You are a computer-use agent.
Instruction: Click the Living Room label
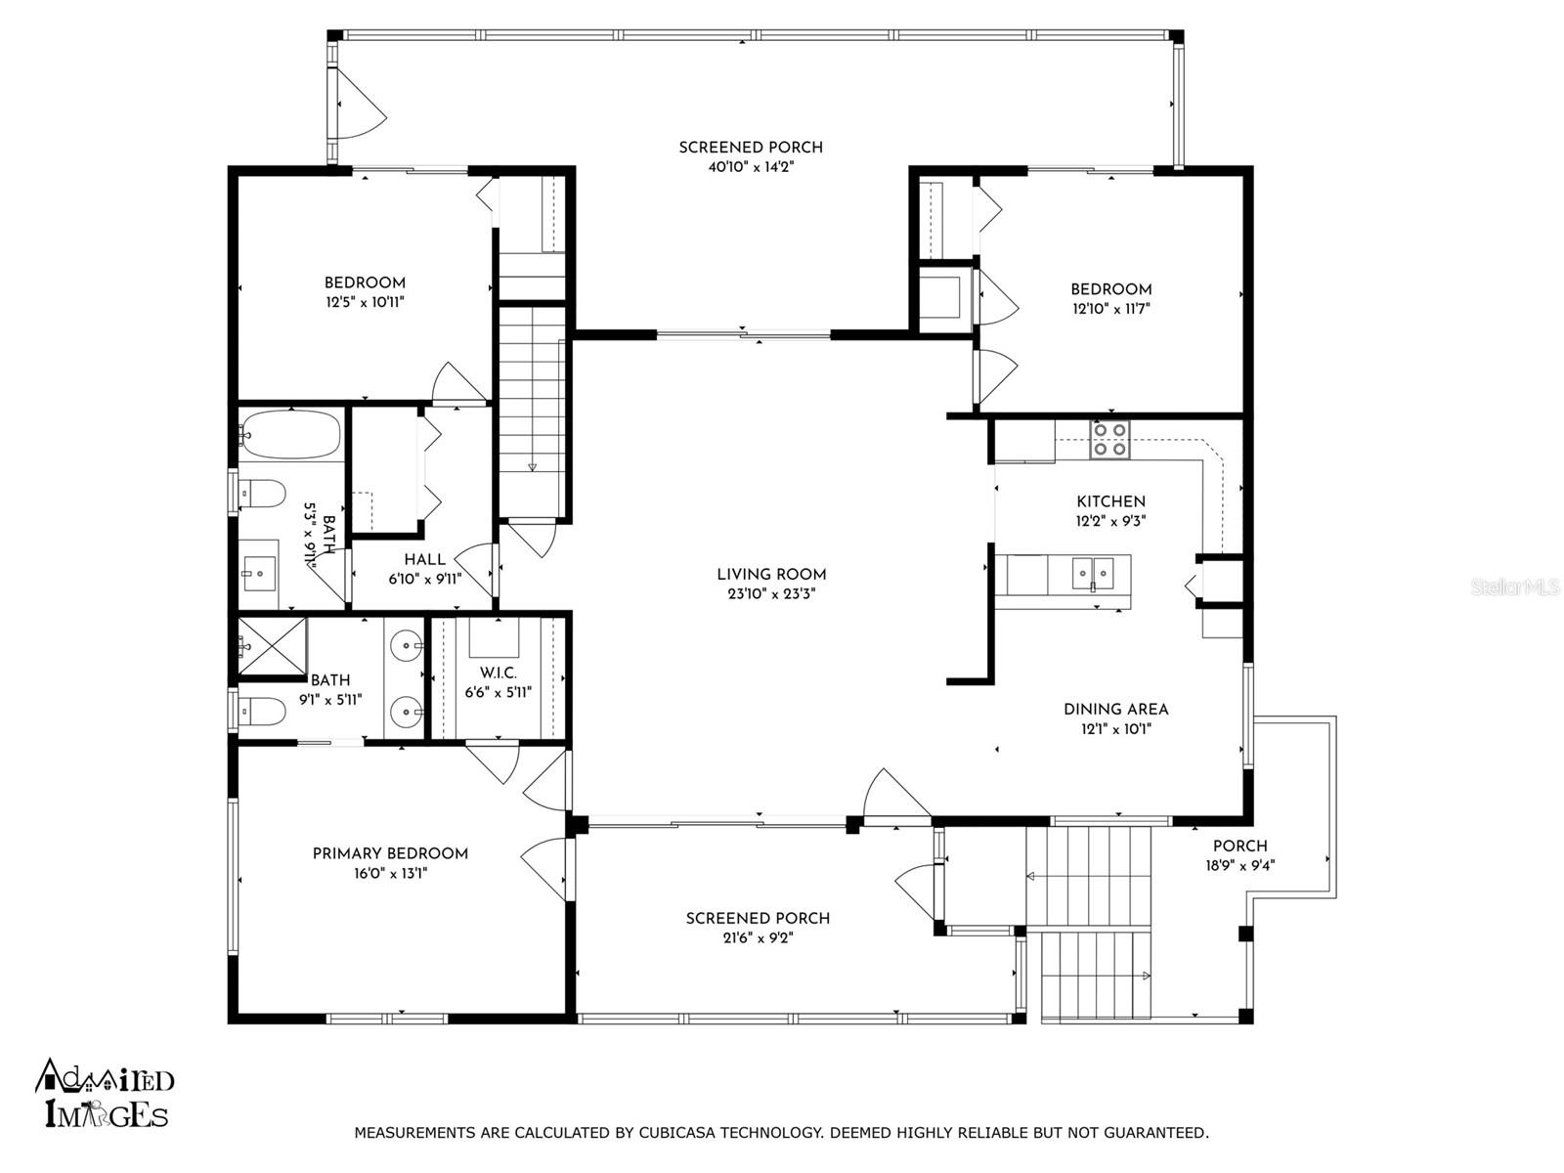click(771, 574)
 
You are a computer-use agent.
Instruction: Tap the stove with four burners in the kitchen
click(1109, 440)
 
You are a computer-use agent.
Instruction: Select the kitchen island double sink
click(1092, 574)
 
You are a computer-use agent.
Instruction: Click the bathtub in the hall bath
click(290, 434)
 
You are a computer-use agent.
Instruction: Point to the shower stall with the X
click(272, 647)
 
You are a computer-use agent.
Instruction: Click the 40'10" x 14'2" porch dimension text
click(751, 166)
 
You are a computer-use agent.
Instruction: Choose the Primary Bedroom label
click(390, 853)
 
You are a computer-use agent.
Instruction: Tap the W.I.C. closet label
click(499, 673)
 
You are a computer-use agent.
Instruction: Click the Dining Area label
click(1116, 710)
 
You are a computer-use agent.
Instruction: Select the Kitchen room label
click(1110, 501)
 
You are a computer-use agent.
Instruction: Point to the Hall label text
click(424, 560)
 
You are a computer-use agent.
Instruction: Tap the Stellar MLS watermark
click(1515, 587)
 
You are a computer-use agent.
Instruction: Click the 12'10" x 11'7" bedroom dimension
click(1110, 308)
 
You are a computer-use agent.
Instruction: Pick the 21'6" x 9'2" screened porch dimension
click(758, 938)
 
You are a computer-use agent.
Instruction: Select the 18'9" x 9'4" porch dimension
click(1239, 865)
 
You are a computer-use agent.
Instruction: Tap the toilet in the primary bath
click(262, 711)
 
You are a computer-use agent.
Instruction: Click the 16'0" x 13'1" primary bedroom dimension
click(390, 873)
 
